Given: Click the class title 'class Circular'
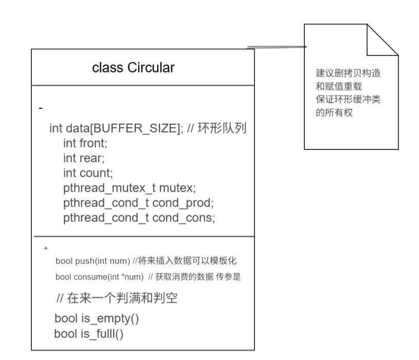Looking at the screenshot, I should point(133,67).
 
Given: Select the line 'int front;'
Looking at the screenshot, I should point(85,143).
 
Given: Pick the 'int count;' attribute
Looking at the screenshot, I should point(87,173).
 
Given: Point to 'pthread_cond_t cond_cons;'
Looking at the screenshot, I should point(139,217).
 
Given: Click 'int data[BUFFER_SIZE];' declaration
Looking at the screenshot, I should point(113,128).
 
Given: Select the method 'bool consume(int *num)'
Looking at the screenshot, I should point(99,277).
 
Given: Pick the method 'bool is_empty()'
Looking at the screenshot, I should point(97,318).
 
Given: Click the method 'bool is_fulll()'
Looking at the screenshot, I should point(89,334).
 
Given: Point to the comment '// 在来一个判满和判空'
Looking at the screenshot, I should point(117,298).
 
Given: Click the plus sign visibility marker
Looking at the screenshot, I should point(46,248).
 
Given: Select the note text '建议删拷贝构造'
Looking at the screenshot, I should point(349,73).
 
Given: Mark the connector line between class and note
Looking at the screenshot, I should point(277,47).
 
